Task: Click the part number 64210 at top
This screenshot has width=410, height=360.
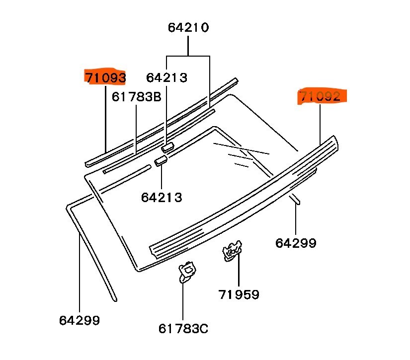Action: coord(188,27)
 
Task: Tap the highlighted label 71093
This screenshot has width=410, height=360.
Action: coord(105,77)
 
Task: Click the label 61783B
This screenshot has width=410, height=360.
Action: coord(136,96)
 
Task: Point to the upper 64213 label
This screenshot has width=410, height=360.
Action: coord(166,78)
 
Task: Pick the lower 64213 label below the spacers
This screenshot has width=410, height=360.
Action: coord(162,197)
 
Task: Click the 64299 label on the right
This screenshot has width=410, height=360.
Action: coord(296,243)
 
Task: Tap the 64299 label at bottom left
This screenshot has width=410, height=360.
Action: coord(80,320)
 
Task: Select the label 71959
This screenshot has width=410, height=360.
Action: coord(239,294)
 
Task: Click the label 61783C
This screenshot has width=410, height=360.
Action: coord(183,328)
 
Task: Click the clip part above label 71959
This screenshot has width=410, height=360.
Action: coord(232,250)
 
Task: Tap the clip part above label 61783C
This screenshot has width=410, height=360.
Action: coord(187,271)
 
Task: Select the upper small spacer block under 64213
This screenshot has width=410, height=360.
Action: coord(167,146)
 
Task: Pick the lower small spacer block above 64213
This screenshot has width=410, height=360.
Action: coord(161,161)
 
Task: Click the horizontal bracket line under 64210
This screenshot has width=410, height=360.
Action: coord(188,56)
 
